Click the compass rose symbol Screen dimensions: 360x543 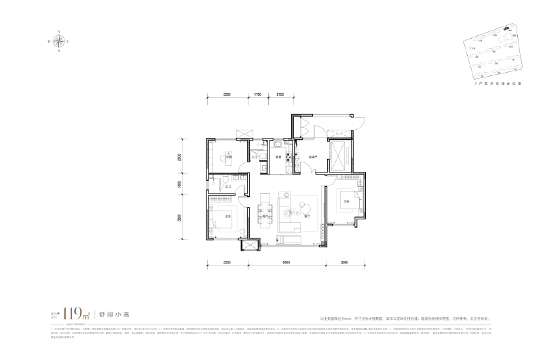pos(61,41)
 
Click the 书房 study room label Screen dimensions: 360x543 pos(229,157)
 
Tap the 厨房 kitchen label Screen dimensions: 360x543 pos(278,157)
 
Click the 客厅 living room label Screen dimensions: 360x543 pos(307,217)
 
